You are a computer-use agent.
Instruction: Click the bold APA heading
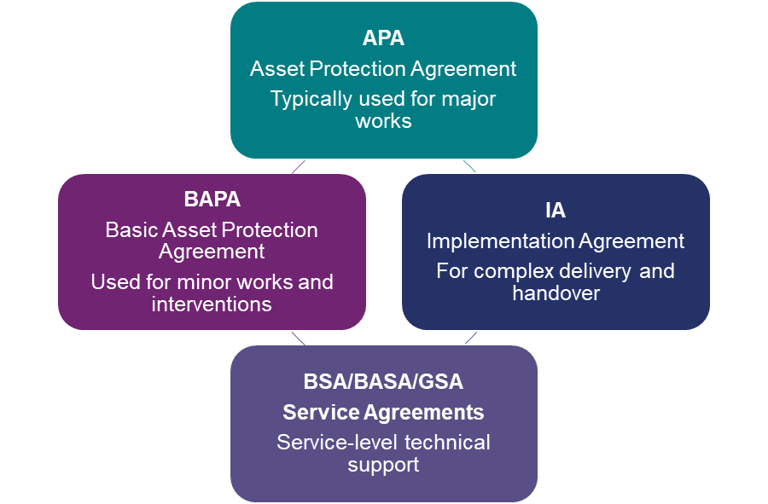point(383,38)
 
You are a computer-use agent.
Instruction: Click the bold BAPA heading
point(212,200)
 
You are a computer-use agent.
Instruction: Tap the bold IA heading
point(556,211)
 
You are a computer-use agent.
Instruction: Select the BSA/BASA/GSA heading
point(383,381)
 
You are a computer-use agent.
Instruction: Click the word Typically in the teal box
point(309,99)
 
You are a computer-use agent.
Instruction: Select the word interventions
point(212,304)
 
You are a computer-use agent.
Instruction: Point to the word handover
point(556,293)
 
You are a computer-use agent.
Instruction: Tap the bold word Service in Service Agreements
point(321,413)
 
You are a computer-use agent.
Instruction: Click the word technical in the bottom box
point(447,443)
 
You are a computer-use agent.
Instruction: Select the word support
point(383,466)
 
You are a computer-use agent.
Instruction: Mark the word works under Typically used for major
point(383,121)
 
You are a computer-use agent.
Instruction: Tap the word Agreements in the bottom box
point(423,413)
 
